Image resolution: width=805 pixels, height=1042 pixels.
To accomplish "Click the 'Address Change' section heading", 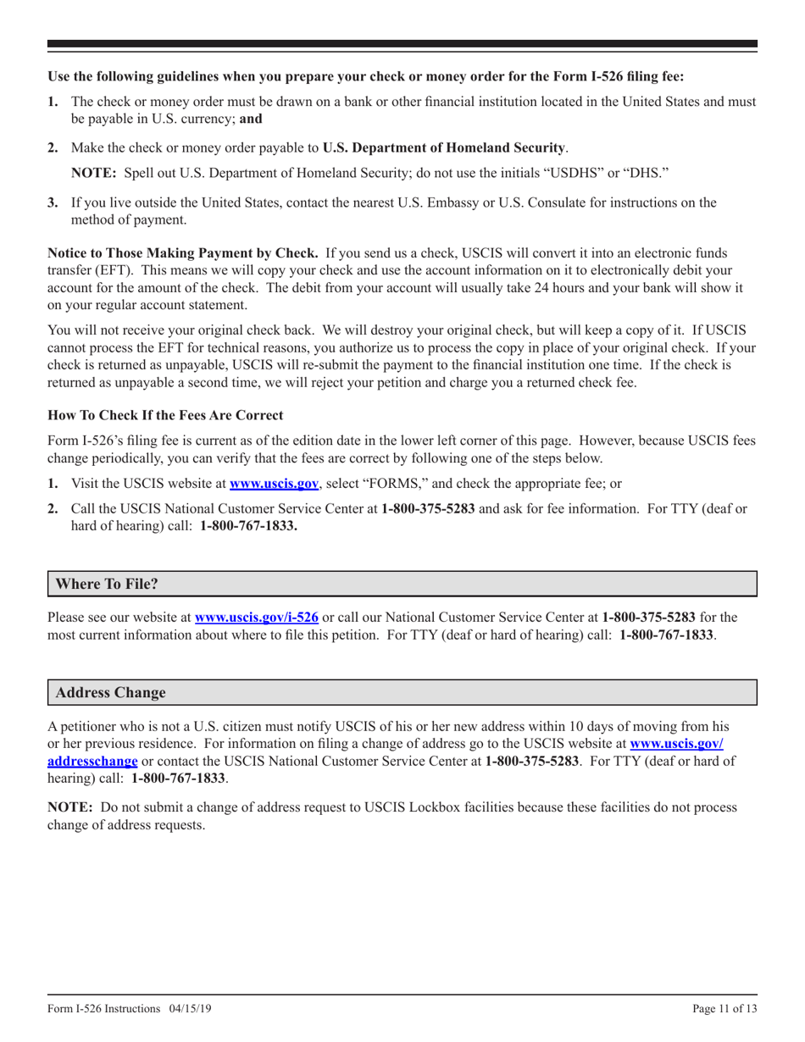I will pyautogui.click(x=110, y=692).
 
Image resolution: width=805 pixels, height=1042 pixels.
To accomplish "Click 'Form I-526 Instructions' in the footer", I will pyautogui.click(x=103, y=1009).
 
